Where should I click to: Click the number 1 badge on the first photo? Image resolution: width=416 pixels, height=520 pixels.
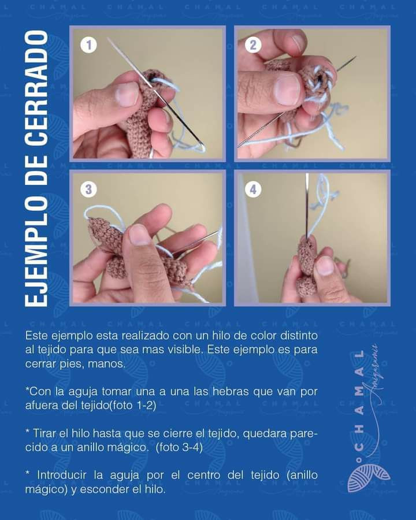88,44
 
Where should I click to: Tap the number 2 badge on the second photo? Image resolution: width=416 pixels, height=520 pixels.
253,44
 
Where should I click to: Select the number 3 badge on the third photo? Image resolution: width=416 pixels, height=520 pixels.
88,189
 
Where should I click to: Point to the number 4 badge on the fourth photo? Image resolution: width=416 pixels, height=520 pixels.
253,189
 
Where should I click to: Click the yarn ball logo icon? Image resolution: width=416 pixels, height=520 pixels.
368,477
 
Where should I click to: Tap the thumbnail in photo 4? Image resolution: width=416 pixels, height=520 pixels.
325,266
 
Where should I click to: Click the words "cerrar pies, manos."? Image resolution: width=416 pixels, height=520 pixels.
75,364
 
